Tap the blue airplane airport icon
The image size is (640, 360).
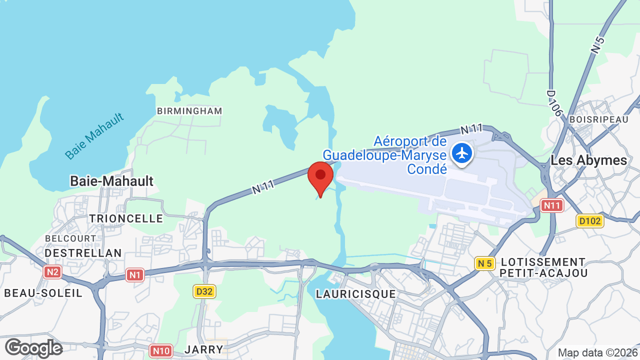tap(462, 152)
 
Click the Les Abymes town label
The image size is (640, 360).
tap(588, 160)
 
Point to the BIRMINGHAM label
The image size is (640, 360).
tap(189, 111)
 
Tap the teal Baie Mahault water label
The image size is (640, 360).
tap(94, 136)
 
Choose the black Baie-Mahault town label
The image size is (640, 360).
tap(111, 181)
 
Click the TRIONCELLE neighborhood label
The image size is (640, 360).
tap(126, 218)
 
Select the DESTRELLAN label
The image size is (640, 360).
tap(83, 253)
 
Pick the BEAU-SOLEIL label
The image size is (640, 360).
tap(43, 293)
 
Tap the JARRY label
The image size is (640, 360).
tap(203, 349)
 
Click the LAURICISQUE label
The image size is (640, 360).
tap(356, 294)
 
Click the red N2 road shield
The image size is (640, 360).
tap(52, 272)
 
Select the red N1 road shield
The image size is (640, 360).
tap(134, 274)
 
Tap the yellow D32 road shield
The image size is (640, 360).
tap(204, 291)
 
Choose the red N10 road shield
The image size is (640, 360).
tap(161, 350)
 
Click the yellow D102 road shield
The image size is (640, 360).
tap(590, 220)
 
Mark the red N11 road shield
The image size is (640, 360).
tap(552, 205)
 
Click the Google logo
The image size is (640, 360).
tap(33, 348)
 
